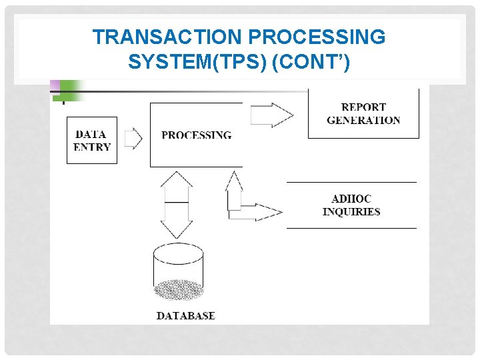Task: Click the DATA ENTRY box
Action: [x=92, y=140]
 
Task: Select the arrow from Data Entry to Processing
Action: [x=133, y=139]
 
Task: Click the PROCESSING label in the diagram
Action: [x=197, y=135]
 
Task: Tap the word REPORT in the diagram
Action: [x=363, y=107]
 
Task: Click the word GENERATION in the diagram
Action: [x=363, y=121]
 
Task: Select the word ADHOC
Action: [x=351, y=199]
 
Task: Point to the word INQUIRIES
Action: [x=351, y=212]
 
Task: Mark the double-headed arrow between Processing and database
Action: [x=177, y=204]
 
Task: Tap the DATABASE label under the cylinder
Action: [x=186, y=315]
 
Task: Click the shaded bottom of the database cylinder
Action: [x=178, y=290]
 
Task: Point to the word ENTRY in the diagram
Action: [x=92, y=147]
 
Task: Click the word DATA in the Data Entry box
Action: [x=91, y=134]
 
